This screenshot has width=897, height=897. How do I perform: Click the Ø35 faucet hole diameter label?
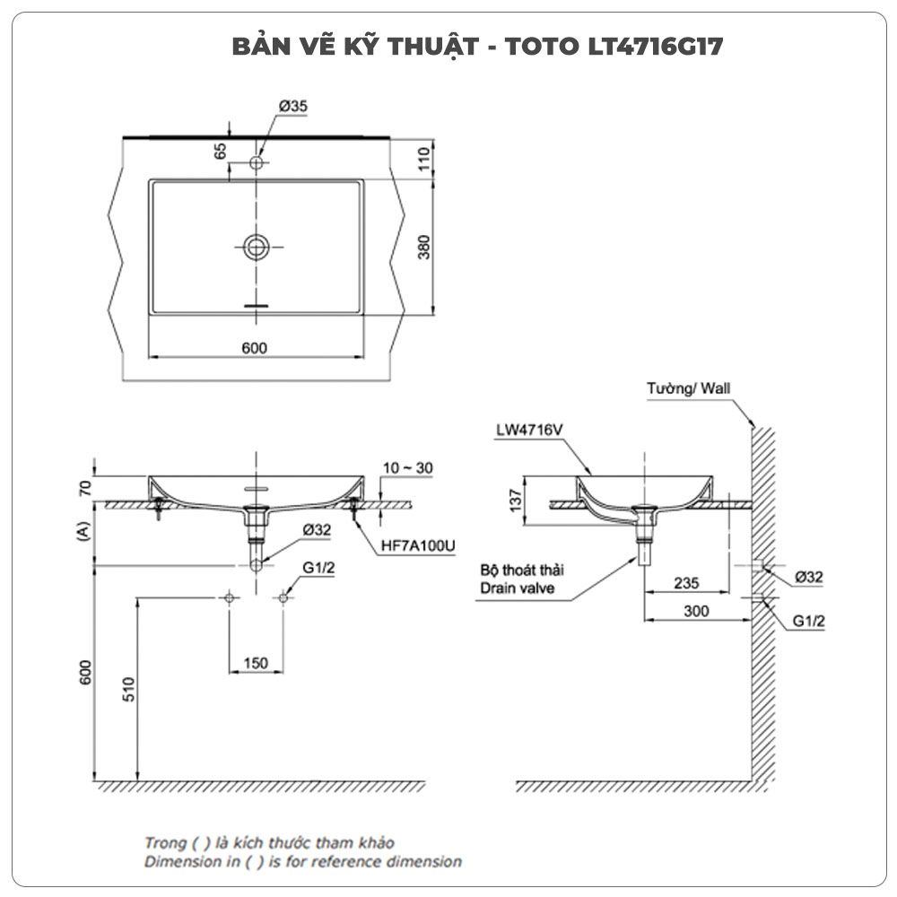pyautogui.click(x=293, y=107)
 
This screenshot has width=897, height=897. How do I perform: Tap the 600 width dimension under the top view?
pyautogui.click(x=255, y=348)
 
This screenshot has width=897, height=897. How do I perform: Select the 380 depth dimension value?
pyautogui.click(x=424, y=248)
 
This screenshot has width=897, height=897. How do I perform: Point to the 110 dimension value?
pyautogui.click(x=424, y=159)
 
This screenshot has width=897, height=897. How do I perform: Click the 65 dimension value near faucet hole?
pyautogui.click(x=221, y=151)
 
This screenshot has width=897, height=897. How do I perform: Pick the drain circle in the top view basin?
pyautogui.click(x=257, y=248)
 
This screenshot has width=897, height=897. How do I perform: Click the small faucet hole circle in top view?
pyautogui.click(x=257, y=163)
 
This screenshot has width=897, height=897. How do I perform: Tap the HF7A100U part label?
pyautogui.click(x=418, y=545)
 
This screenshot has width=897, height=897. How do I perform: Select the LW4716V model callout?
pyautogui.click(x=530, y=430)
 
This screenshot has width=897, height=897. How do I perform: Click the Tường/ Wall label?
pyautogui.click(x=689, y=388)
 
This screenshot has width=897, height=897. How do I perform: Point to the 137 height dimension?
pyautogui.click(x=516, y=500)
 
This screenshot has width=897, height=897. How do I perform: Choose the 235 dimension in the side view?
pyautogui.click(x=686, y=583)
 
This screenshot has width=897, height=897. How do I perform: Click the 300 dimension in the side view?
pyautogui.click(x=696, y=611)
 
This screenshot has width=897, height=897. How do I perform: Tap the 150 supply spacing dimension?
pyautogui.click(x=256, y=663)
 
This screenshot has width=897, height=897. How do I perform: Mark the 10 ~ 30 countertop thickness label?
pyautogui.click(x=408, y=468)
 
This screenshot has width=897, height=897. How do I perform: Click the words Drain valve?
pyautogui.click(x=518, y=588)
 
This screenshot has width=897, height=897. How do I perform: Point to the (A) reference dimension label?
pyautogui.click(x=83, y=531)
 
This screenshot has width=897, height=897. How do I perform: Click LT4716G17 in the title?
pyautogui.click(x=656, y=47)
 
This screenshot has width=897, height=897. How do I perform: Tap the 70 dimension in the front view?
pyautogui.click(x=85, y=488)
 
